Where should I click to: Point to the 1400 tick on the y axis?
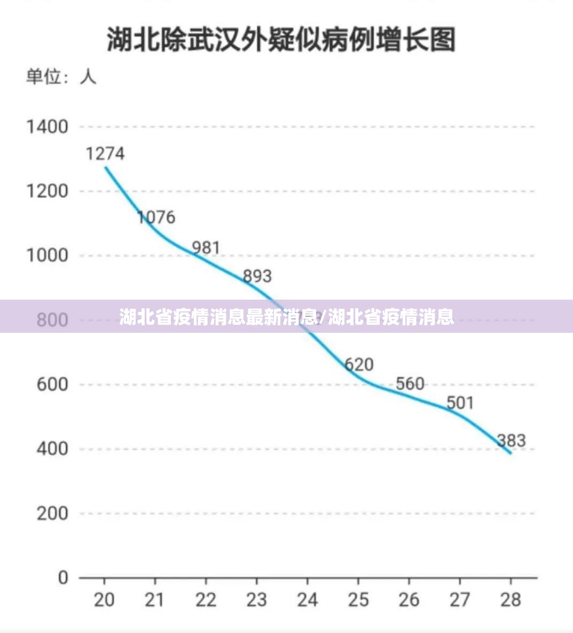[48, 127]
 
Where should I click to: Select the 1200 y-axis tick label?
[48, 191]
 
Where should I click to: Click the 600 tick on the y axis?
[52, 384]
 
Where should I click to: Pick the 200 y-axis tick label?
[52, 513]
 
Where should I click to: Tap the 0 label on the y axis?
[63, 577]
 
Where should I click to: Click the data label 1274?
[105, 154]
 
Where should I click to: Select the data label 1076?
[156, 217]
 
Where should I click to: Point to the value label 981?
[206, 248]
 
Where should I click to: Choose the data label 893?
[257, 276]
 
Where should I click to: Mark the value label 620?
[358, 365]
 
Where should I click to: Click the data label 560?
[410, 384]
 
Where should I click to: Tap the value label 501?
[460, 402]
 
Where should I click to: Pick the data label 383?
[511, 441]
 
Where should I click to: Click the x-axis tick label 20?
[104, 600]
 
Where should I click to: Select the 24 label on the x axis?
[307, 600]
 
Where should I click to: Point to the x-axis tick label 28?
[511, 600]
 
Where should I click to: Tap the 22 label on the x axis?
[206, 600]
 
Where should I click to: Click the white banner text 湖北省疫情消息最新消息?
[218, 317]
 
